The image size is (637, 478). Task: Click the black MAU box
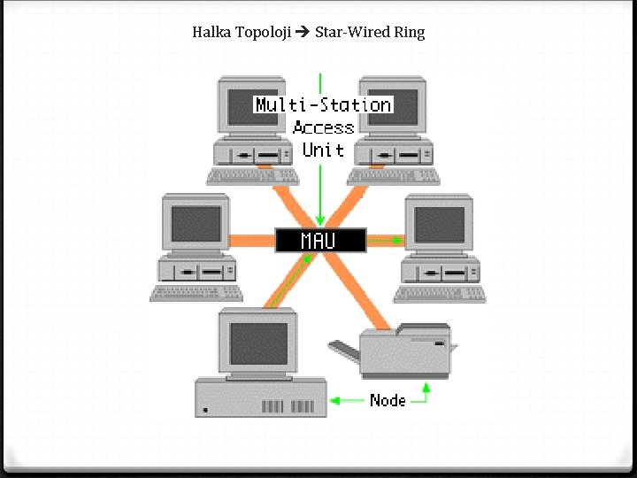pyautogui.click(x=319, y=240)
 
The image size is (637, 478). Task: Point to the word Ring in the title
pyautogui.click(x=409, y=33)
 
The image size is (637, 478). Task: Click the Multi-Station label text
pyautogui.click(x=323, y=104)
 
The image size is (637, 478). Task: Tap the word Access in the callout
pyautogui.click(x=323, y=127)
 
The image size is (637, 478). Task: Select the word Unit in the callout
pyautogui.click(x=323, y=150)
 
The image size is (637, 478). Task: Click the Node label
pyautogui.click(x=388, y=400)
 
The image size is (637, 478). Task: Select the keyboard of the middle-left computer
pyautogui.click(x=196, y=293)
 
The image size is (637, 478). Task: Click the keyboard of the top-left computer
pyautogui.click(x=252, y=175)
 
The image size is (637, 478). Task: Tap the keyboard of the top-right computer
pyautogui.click(x=394, y=175)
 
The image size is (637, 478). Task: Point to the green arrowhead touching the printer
pyautogui.click(x=426, y=387)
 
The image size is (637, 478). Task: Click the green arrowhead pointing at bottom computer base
pyautogui.click(x=334, y=400)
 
